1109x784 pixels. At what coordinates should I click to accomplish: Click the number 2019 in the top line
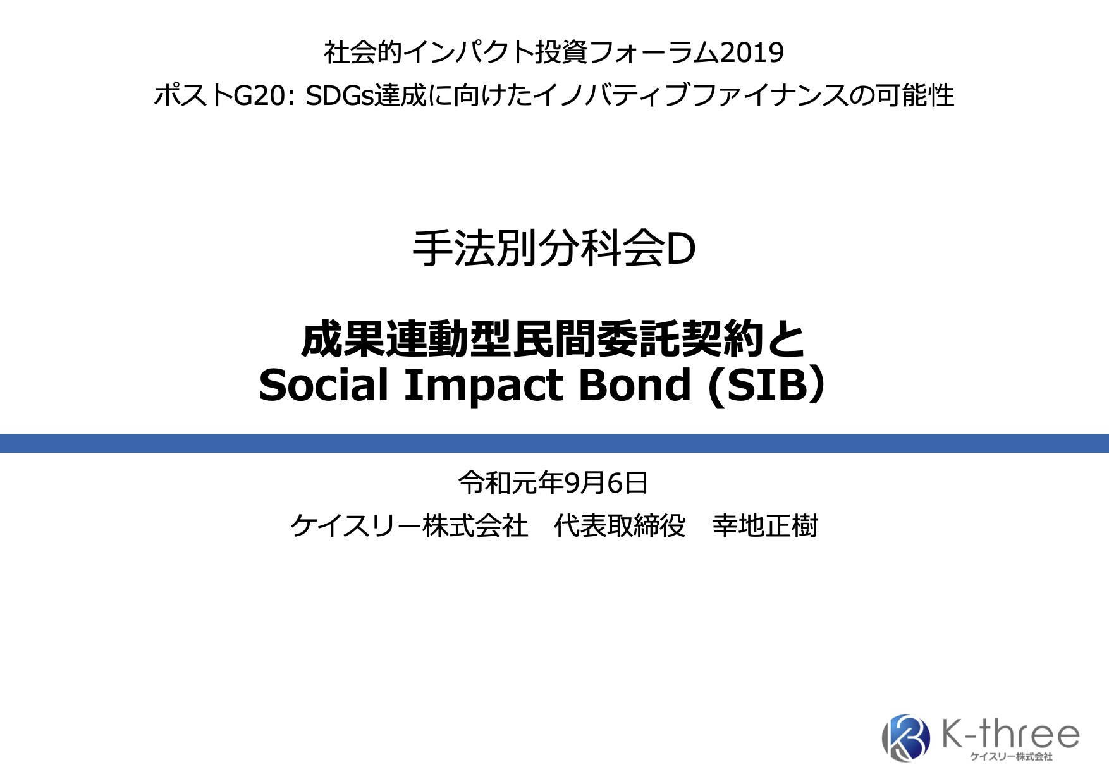pyautogui.click(x=752, y=52)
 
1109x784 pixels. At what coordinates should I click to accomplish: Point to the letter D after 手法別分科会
pyautogui.click(x=682, y=250)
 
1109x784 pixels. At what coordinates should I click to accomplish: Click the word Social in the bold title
pyautogui.click(x=323, y=385)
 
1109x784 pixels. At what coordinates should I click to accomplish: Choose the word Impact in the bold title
pyautogui.click(x=484, y=385)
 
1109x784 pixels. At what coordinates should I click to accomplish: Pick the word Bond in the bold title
pyautogui.click(x=635, y=385)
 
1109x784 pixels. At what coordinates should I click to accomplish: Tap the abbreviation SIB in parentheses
pyautogui.click(x=767, y=385)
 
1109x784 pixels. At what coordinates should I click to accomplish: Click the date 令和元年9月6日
pyautogui.click(x=553, y=483)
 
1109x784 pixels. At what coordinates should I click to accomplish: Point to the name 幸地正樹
pyautogui.click(x=765, y=526)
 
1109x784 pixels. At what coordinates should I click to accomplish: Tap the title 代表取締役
pyautogui.click(x=620, y=526)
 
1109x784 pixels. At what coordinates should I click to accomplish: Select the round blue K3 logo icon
pyautogui.click(x=905, y=737)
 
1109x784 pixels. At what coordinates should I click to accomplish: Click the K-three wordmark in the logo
pyautogui.click(x=1010, y=733)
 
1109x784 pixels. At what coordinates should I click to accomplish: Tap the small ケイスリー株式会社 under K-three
pyautogui.click(x=1011, y=757)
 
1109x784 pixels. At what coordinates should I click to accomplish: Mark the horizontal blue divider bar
pyautogui.click(x=554, y=443)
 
